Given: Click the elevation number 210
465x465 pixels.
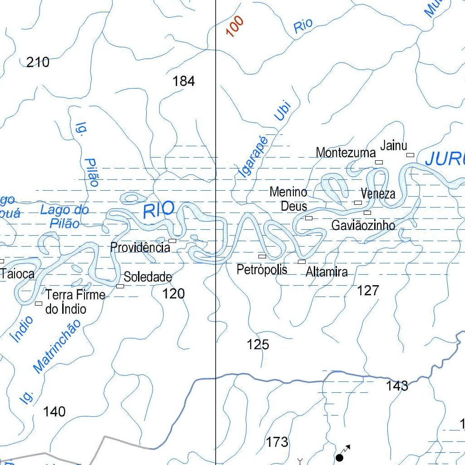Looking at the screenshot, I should tap(38, 62).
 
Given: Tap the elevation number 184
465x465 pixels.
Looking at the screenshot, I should tap(183, 81).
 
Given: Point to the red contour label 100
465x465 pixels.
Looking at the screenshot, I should tap(234, 26).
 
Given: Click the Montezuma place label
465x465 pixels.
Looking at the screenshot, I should tap(346, 153).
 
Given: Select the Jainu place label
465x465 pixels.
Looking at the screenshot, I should tap(393, 146).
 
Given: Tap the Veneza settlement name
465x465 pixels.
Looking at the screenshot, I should tap(378, 194).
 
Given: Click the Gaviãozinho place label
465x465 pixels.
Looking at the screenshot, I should tap(363, 225).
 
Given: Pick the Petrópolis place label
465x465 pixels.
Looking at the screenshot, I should tap(262, 270).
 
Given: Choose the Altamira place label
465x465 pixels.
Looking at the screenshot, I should tap(326, 272).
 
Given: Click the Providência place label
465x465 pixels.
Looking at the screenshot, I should tap(140, 247).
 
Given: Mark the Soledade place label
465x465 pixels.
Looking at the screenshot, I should tap(148, 277).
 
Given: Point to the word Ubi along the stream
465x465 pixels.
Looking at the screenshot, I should tap(282, 111).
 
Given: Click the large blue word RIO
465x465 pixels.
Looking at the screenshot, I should tap(158, 210).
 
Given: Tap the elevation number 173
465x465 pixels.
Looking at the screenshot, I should tap(277, 441).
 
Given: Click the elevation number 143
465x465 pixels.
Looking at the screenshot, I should tap(397, 386).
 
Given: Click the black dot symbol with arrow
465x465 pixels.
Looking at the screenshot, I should tap(339, 457).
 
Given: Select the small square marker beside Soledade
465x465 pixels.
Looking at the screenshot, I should tap(120, 286).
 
